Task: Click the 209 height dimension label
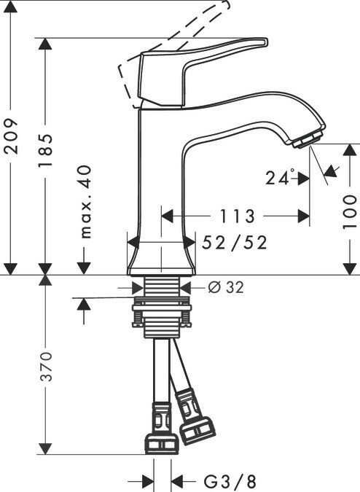tap(11, 136)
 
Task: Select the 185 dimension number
tap(46, 151)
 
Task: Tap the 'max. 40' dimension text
tap(85, 202)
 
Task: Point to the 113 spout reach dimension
tap(237, 216)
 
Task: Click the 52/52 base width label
tap(235, 243)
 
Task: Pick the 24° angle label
tap(281, 178)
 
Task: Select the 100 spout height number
tap(350, 211)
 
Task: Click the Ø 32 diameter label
tap(226, 286)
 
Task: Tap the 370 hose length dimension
tap(46, 366)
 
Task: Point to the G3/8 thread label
tap(230, 481)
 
